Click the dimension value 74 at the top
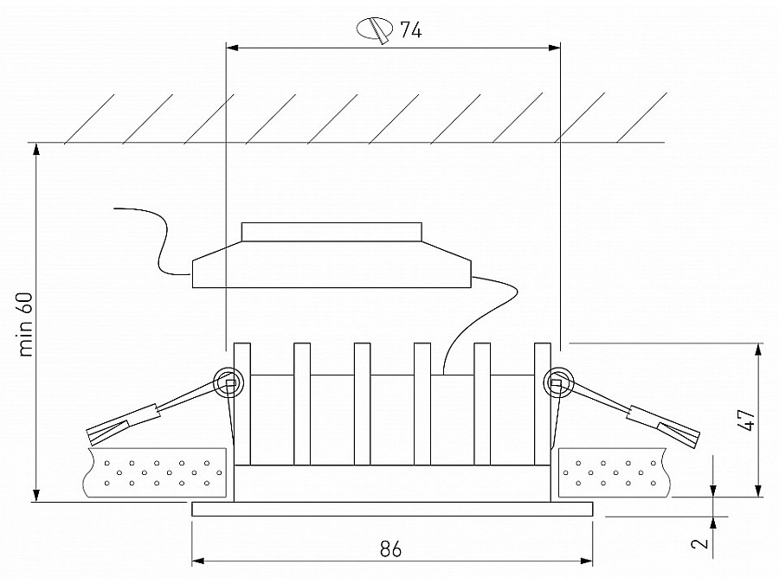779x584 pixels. (411, 30)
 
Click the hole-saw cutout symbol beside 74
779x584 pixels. (375, 29)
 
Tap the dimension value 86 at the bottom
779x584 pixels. (391, 549)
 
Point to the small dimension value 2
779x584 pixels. (700, 542)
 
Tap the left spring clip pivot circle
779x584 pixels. (229, 382)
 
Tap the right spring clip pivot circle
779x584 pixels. (558, 382)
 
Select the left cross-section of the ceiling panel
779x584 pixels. (156, 473)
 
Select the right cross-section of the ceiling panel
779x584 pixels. (614, 473)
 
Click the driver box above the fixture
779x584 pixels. (332, 255)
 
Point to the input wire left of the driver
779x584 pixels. (152, 240)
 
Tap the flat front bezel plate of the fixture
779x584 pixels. (392, 510)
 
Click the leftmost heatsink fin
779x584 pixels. (242, 404)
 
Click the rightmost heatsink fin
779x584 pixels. (543, 404)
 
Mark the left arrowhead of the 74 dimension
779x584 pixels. (233, 48)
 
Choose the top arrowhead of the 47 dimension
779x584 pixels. (758, 350)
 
